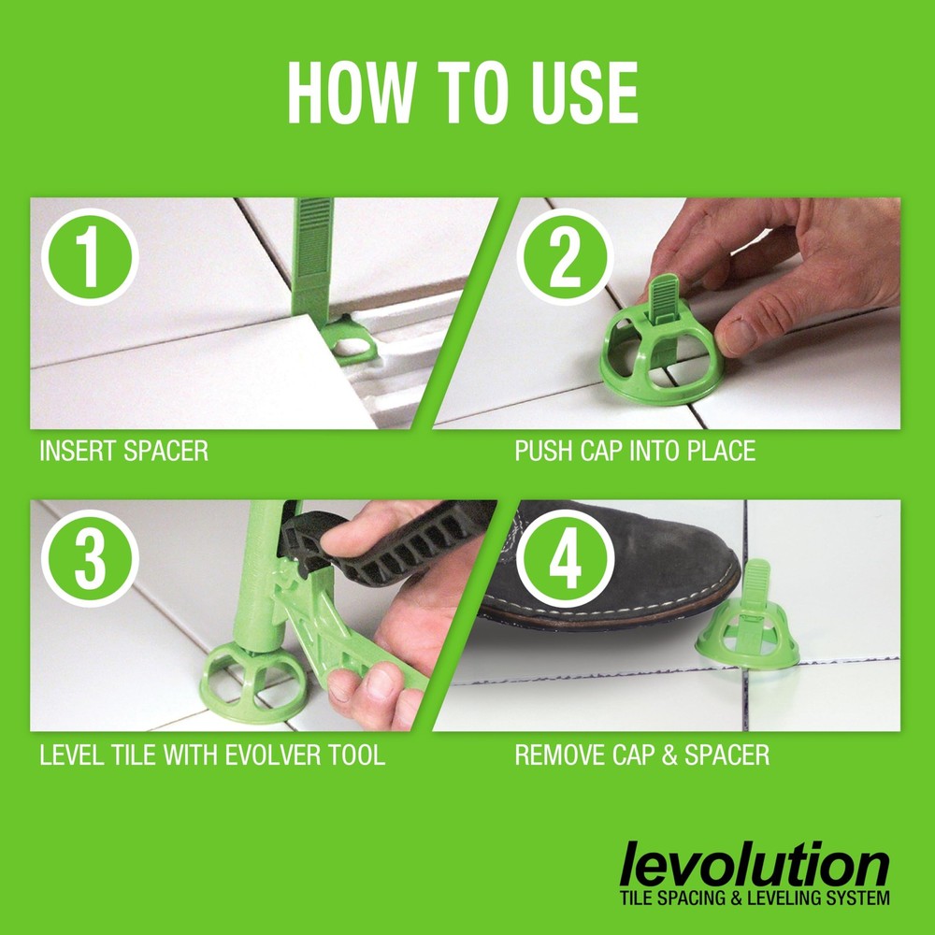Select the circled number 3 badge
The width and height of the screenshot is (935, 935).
click(x=90, y=557)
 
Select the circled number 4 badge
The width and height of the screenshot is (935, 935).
click(x=565, y=557)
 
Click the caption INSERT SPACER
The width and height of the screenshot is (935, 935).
click(x=123, y=452)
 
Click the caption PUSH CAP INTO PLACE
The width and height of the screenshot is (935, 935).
click(x=635, y=452)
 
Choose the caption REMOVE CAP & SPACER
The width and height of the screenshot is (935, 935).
click(x=642, y=755)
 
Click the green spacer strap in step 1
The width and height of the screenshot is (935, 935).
click(x=313, y=262)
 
